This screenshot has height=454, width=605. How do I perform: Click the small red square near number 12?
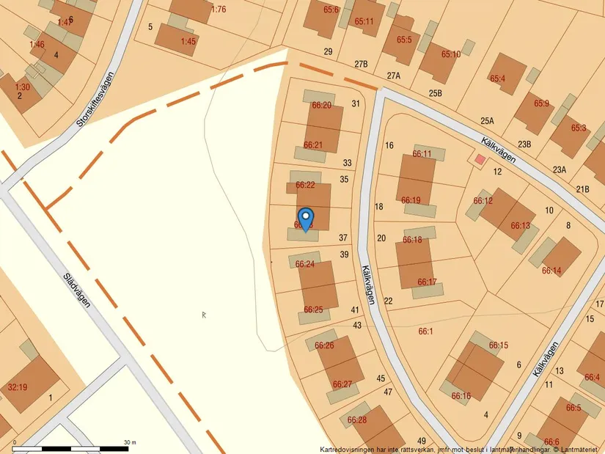pyautogui.click(x=480, y=159)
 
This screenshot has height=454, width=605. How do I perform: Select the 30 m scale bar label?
pyautogui.click(x=130, y=442)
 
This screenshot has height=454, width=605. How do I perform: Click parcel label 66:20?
pyautogui.click(x=322, y=106)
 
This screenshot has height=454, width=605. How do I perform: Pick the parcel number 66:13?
pyautogui.click(x=520, y=226)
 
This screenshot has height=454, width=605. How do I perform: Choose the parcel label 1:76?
pyautogui.click(x=219, y=10)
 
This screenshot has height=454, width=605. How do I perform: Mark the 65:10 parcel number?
pyautogui.click(x=451, y=54)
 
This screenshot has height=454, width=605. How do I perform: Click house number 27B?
pyautogui.click(x=361, y=65)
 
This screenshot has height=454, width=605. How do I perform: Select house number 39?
pyautogui.click(x=345, y=255)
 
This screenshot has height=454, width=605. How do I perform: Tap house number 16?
pyautogui.click(x=389, y=145)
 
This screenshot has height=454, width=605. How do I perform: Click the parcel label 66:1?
pyautogui.click(x=425, y=332)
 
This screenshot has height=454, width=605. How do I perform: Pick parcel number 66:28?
pyautogui.click(x=357, y=420)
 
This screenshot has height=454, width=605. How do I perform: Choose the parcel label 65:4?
pyautogui.click(x=498, y=78)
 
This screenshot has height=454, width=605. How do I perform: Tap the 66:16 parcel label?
pyautogui.click(x=461, y=396)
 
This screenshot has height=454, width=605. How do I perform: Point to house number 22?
pyautogui.click(x=389, y=301)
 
